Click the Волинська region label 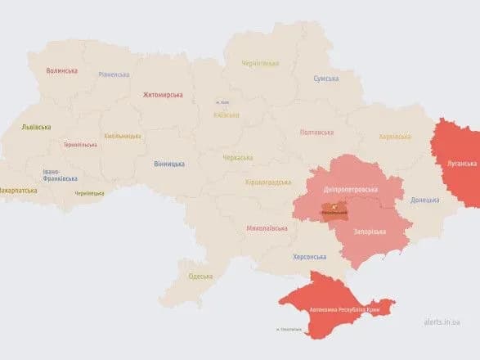(62, 71)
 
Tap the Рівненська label (114, 74)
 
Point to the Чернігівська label (260, 63)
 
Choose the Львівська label (36, 127)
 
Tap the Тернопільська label (80, 145)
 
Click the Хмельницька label (123, 136)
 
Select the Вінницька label (169, 164)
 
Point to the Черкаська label (238, 157)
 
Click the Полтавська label (316, 132)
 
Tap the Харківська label (396, 136)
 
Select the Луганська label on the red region (461, 164)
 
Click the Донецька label (424, 200)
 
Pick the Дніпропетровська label (350, 189)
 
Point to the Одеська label (200, 276)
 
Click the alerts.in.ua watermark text (442, 323)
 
